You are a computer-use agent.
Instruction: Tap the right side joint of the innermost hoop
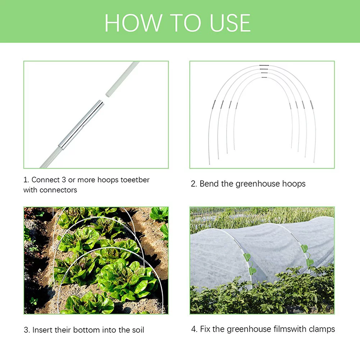tap(290, 106)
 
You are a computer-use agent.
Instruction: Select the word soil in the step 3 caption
tap(137, 330)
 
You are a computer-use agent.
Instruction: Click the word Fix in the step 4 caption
tap(205, 329)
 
